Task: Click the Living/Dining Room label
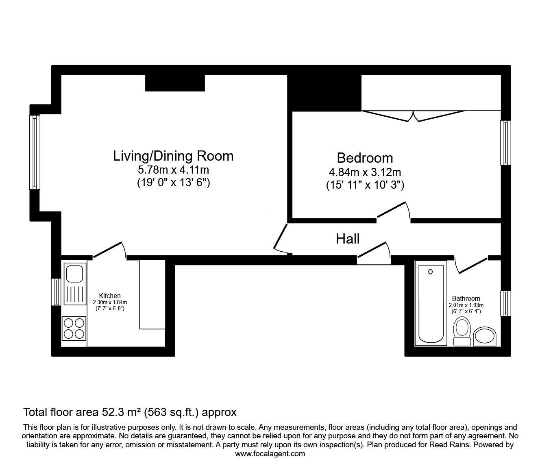click(173, 156)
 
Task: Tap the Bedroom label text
click(365, 158)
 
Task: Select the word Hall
click(348, 239)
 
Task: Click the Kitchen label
click(110, 296)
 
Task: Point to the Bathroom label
click(466, 298)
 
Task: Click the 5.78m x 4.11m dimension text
click(173, 170)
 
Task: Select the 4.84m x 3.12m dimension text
click(365, 172)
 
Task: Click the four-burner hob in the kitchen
click(74, 328)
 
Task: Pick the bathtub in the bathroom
click(431, 303)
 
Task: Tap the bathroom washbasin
click(484, 336)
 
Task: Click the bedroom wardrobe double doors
click(413, 115)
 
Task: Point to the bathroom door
click(471, 265)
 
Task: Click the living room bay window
click(35, 152)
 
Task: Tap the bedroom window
click(505, 143)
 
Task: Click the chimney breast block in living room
click(175, 83)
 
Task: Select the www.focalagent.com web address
click(270, 454)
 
